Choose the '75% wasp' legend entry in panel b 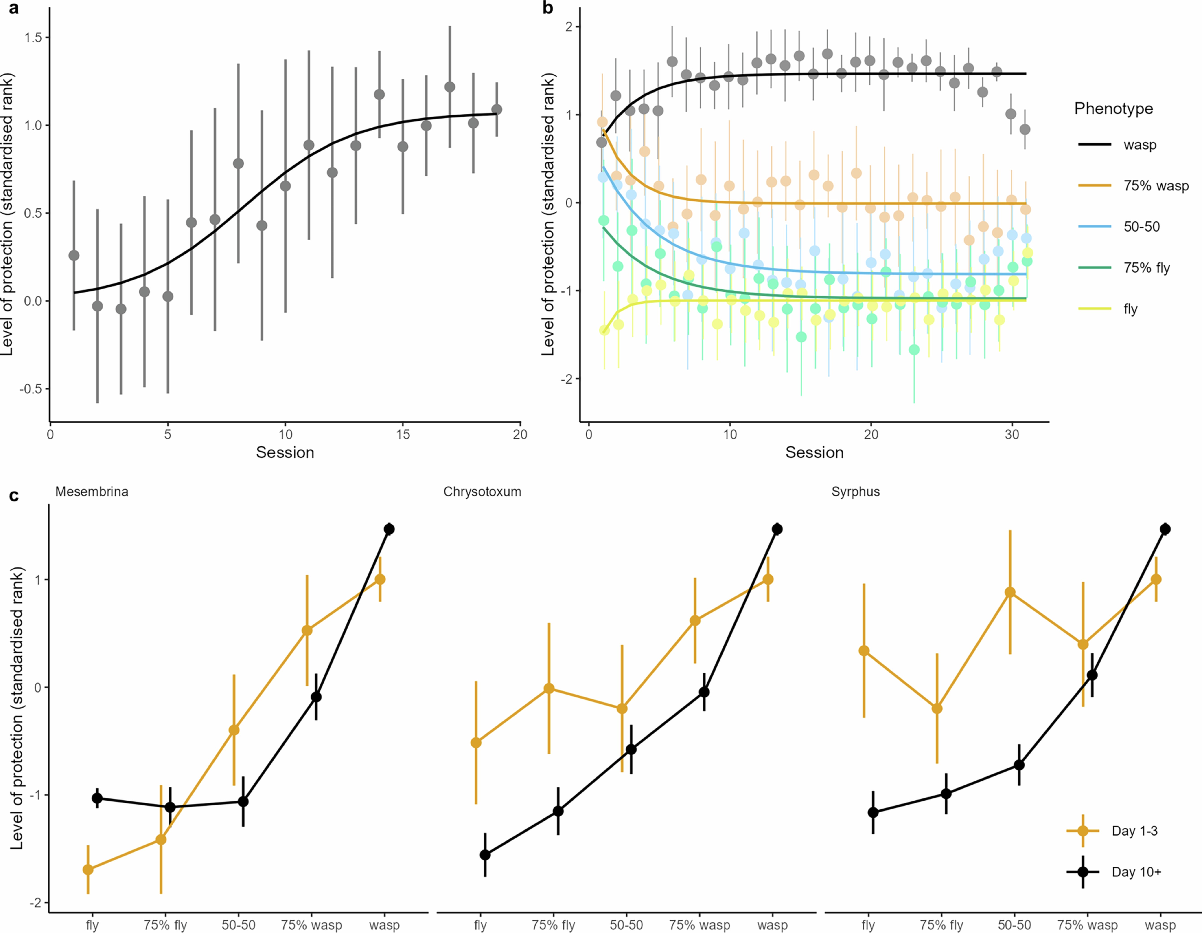(1156, 186)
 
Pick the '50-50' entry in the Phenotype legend (1141, 227)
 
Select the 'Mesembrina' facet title (92, 492)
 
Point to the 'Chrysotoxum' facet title (482, 492)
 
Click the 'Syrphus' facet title (855, 492)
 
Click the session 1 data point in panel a (74, 256)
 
